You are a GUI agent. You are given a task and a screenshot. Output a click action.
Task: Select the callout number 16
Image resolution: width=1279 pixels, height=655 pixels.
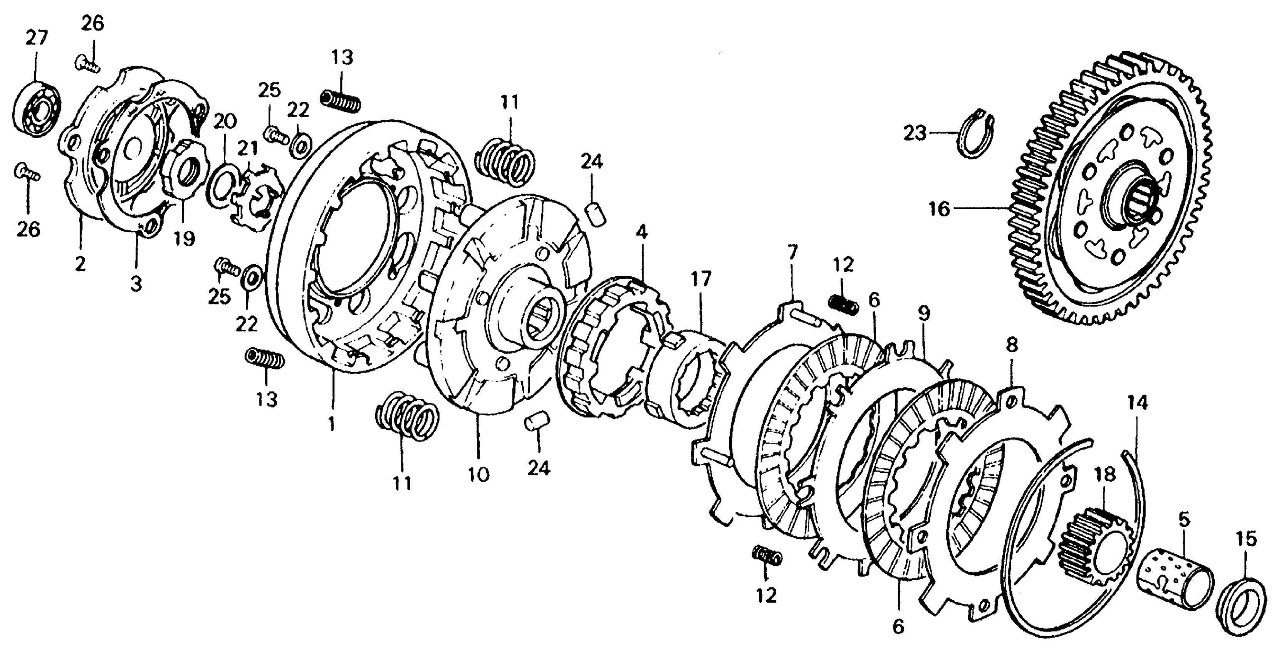point(939,209)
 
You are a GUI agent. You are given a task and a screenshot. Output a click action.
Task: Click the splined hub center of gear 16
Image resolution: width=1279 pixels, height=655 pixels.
point(1137,199)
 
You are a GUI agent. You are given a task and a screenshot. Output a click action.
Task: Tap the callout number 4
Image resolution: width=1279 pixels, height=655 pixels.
point(641,232)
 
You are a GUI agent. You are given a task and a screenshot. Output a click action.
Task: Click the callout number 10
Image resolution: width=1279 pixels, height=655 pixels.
point(478,475)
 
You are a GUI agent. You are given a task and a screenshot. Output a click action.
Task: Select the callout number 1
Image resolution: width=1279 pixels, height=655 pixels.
point(332,423)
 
